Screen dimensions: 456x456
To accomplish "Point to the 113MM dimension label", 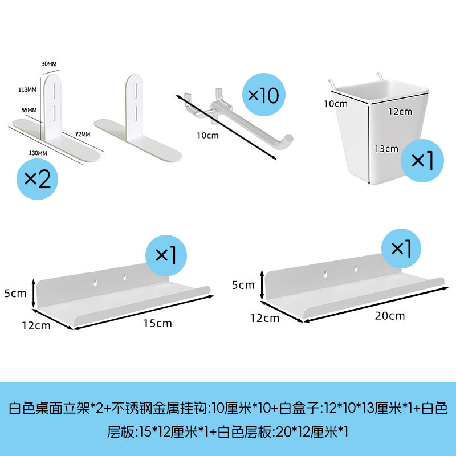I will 27,89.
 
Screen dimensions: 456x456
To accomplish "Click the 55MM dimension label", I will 28,109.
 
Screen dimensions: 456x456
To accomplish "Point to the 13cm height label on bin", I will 386,149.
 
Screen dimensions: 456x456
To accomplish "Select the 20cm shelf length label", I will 390,315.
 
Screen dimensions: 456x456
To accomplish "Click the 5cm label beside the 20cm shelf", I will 243,284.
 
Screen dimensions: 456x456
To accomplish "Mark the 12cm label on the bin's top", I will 400,111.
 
